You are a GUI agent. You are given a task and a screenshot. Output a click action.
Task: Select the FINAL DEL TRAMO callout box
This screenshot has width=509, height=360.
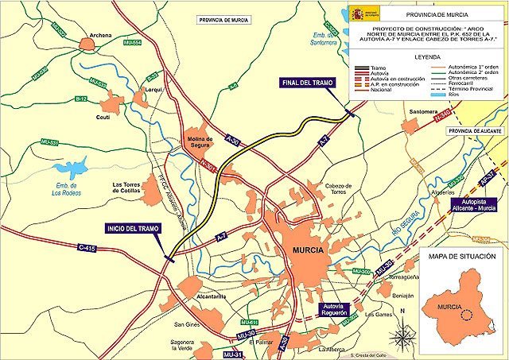pos(311,83)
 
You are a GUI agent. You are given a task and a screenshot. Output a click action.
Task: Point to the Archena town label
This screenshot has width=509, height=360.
pos(101,36)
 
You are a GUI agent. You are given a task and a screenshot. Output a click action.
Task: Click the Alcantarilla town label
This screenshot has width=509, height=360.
pos(190,296)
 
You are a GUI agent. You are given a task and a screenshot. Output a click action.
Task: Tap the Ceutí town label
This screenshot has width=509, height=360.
pos(102,116)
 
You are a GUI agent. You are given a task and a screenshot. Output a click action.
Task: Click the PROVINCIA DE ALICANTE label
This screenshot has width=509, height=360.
pos(477,130)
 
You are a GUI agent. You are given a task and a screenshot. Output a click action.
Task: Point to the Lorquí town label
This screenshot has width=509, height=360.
pos(153,90)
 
